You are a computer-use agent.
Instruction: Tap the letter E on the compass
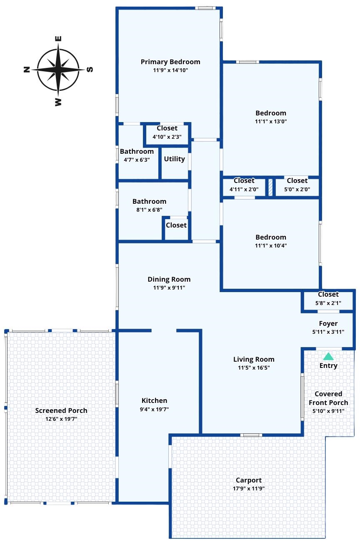pos(58,39)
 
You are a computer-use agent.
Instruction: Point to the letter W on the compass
pos(58,102)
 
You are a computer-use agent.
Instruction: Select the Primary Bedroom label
pos(170,62)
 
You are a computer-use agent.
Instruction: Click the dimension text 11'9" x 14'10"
pos(170,70)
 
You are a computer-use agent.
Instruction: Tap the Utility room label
pos(175,159)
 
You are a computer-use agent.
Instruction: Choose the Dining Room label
pos(169,279)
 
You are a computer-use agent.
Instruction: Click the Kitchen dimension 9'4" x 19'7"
pos(154,409)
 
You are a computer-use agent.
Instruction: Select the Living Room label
pos(254,359)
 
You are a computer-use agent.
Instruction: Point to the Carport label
pos(249,480)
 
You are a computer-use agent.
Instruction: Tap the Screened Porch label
pos(61,410)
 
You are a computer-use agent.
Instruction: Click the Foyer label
pos(328,324)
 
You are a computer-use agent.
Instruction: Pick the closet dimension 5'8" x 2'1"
pos(328,303)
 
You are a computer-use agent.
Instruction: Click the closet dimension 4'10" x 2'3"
pos(167,137)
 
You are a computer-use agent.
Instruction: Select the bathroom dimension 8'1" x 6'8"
pos(149,210)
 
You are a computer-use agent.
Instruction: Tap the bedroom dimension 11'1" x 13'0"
pos(271,121)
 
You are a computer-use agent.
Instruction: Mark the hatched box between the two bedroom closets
pos(270,187)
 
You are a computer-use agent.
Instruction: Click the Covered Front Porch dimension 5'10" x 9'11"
pos(328,411)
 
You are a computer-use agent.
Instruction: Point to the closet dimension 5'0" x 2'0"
pos(297,189)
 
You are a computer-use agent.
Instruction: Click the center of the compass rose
pos(58,70)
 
